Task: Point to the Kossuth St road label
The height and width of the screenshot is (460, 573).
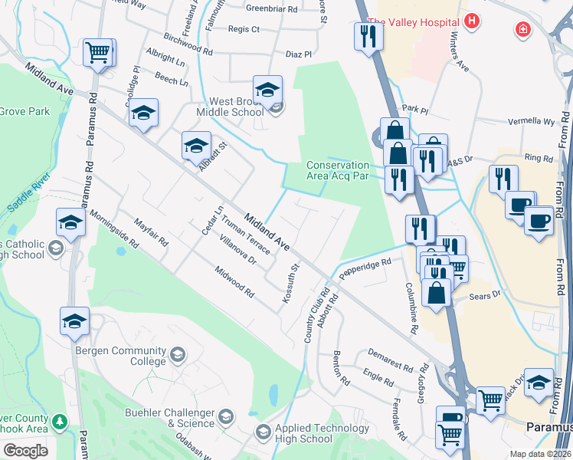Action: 290,284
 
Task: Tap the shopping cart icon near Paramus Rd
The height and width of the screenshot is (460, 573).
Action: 98,53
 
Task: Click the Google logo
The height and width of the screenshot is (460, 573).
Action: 25,450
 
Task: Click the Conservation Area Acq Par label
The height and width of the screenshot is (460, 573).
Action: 338,170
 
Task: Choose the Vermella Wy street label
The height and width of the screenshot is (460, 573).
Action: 532,122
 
